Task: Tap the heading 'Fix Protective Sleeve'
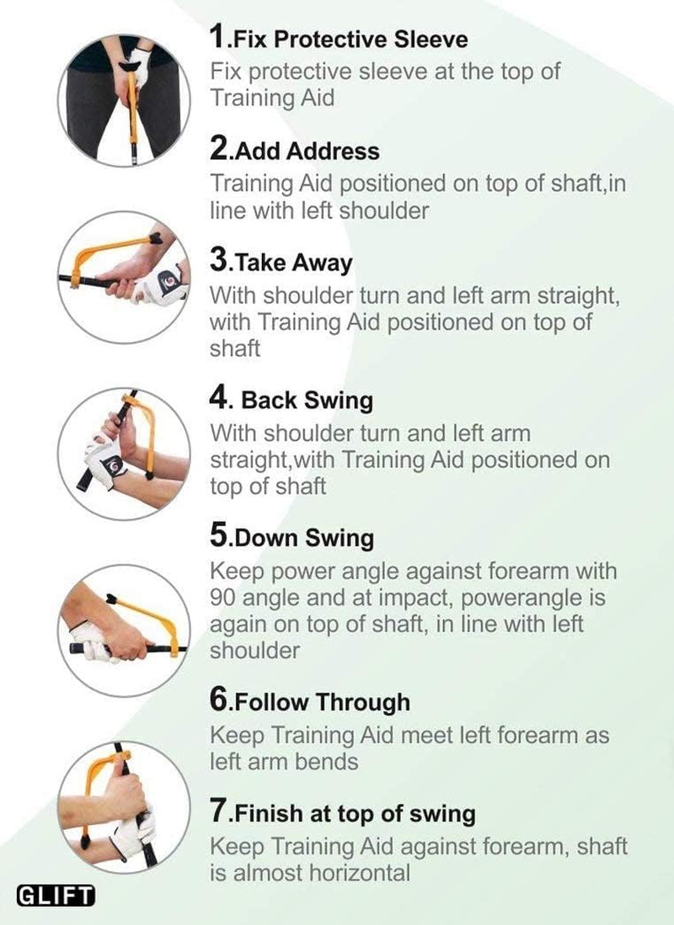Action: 350,39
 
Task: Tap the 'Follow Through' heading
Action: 321,702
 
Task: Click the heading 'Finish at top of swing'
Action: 354,814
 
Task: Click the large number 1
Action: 219,37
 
